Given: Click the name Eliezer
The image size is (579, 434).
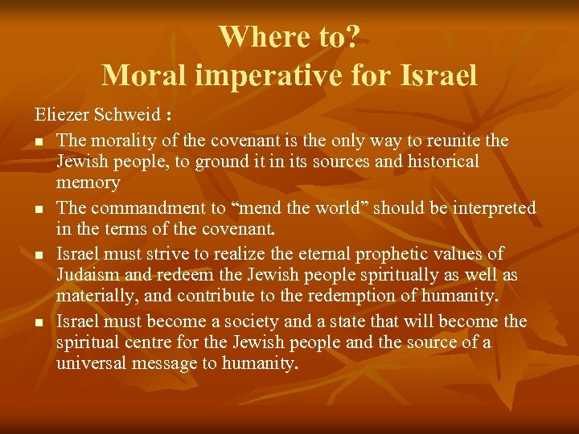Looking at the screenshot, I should click(61, 117).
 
